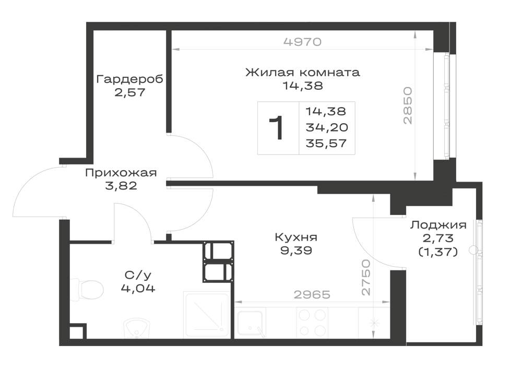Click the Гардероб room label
click(129, 79)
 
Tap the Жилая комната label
click(303, 72)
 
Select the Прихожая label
click(121, 173)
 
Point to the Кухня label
click(296, 237)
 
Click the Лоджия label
click(438, 225)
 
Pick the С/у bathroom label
click(138, 275)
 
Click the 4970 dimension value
click(303, 42)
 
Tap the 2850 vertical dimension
click(408, 105)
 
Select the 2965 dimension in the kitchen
click(312, 294)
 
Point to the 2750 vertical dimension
click(365, 278)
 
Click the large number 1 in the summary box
click(277, 128)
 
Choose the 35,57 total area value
click(326, 144)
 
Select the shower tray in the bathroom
click(206, 314)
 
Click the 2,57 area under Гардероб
click(130, 92)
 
